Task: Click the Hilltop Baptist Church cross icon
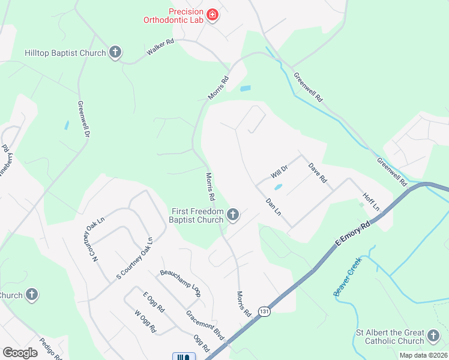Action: tap(115, 53)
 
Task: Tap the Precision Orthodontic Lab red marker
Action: tap(212, 14)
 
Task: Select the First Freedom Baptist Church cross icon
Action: tap(233, 214)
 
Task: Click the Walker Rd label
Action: tap(160, 48)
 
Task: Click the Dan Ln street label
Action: tap(273, 208)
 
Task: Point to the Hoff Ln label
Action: tap(372, 202)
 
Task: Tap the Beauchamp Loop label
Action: tap(180, 283)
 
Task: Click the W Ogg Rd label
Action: tap(145, 321)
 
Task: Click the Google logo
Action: tap(20, 353)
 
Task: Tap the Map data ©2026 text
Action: tap(423, 355)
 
